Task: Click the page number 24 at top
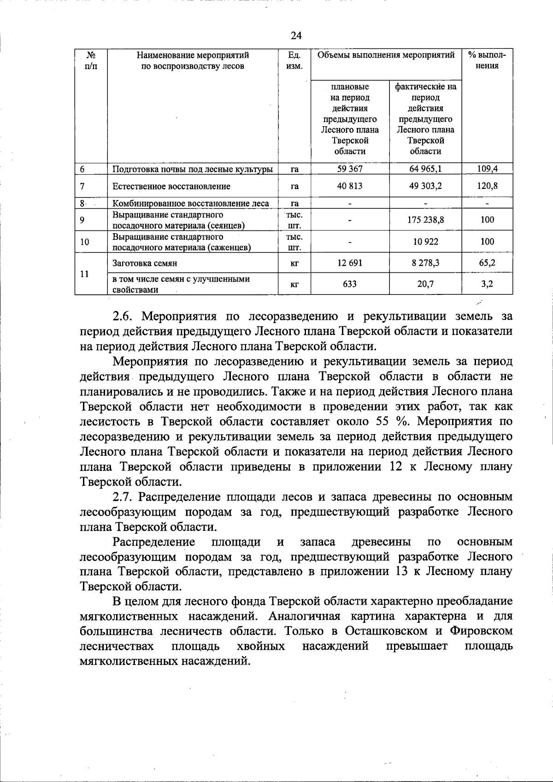(296, 35)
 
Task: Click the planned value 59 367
(350, 169)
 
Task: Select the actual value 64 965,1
(425, 169)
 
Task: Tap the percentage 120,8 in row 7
(487, 186)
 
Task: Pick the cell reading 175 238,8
(425, 220)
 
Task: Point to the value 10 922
(425, 241)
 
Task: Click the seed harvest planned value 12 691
(350, 263)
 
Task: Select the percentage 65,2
(487, 263)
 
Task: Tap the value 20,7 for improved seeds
(425, 284)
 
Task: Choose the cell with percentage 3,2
(487, 284)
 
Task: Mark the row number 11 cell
(84, 274)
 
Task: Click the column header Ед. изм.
(294, 61)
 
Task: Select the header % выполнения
(487, 60)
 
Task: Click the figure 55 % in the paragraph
(397, 422)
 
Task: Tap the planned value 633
(350, 284)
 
